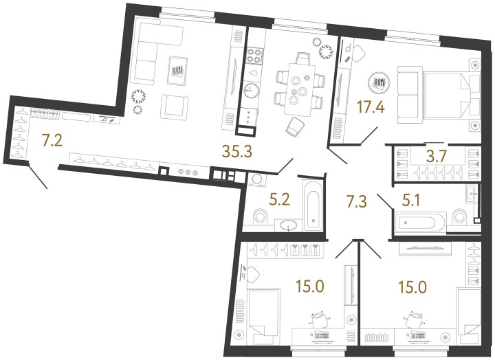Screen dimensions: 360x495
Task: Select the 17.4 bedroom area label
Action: (371, 107)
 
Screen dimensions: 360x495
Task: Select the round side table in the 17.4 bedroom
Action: (377, 83)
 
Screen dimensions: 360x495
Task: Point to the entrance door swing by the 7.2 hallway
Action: (38, 177)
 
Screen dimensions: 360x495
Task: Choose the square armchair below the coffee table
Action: (173, 106)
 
